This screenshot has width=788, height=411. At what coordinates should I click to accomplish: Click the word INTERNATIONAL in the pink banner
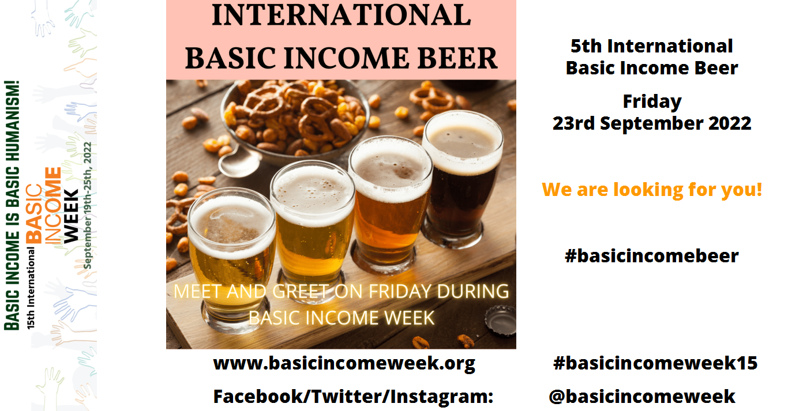click(342, 15)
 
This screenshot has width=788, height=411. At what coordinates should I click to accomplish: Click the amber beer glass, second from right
click(390, 204)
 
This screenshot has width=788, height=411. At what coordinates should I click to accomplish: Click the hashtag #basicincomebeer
click(651, 256)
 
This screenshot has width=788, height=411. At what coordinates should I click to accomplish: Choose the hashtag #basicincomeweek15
click(655, 363)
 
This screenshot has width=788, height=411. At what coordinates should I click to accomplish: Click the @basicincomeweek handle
click(641, 397)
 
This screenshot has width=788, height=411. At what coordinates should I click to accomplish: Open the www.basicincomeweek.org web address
click(344, 364)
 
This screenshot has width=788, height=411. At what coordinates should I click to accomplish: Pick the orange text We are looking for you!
click(652, 190)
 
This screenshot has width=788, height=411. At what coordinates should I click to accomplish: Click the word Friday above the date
click(652, 102)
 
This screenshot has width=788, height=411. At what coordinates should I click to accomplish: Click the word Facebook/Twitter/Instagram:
click(353, 397)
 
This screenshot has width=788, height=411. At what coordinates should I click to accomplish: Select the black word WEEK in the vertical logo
click(71, 216)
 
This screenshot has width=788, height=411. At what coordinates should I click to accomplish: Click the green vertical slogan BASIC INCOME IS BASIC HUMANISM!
click(12, 205)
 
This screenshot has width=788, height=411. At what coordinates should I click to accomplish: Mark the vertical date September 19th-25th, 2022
click(87, 205)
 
